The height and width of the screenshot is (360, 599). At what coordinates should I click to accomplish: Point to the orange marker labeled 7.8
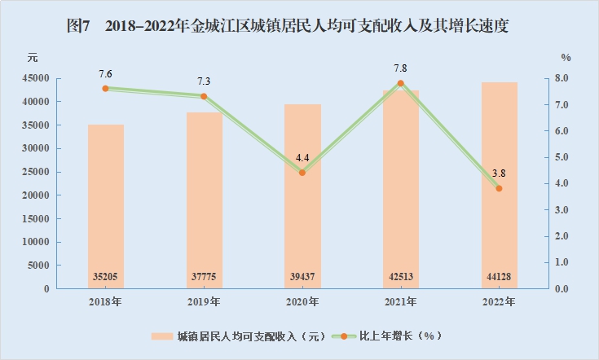[400, 83]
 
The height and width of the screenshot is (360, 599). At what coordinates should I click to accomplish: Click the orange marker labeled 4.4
[302, 173]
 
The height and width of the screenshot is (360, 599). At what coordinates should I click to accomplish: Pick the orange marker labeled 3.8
[499, 188]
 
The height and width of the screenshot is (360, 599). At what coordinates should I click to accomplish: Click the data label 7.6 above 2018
[106, 73]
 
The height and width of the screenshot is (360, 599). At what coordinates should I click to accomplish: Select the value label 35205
[106, 277]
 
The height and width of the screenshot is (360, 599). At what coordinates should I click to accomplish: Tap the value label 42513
[400, 277]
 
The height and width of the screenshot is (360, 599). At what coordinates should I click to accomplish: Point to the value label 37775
[204, 277]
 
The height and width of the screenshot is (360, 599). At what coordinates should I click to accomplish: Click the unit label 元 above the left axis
[32, 58]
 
